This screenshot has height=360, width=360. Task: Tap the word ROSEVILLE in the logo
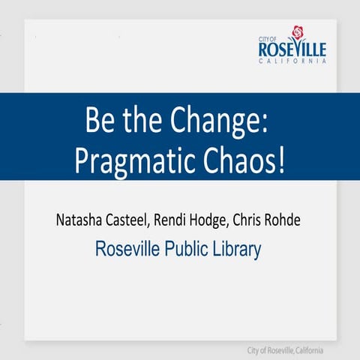[x=292, y=49]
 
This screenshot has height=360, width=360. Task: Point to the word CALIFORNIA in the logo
[x=292, y=61]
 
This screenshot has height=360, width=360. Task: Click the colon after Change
[x=265, y=120]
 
